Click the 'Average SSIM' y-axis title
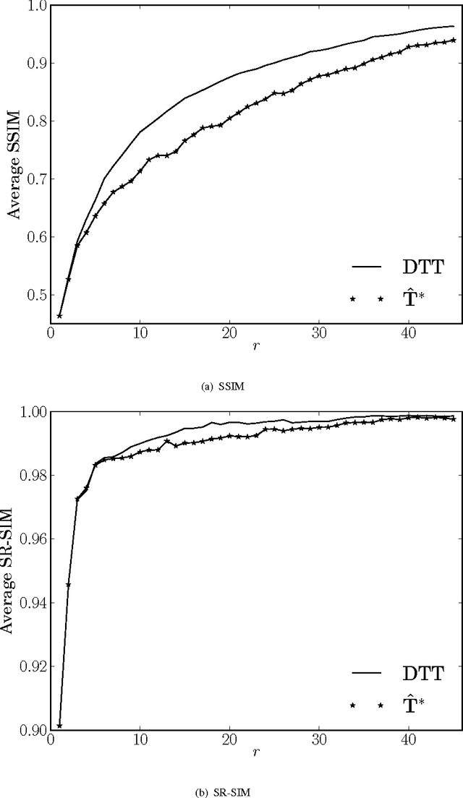13,156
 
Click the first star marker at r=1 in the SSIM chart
59,316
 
